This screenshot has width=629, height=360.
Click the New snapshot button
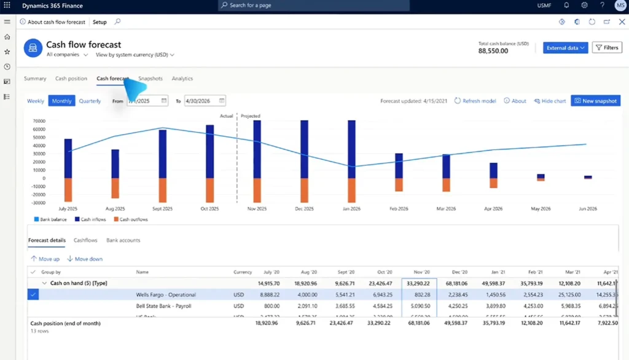tap(595, 101)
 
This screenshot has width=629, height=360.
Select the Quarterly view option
tap(90, 101)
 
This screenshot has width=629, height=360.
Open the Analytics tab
tap(182, 79)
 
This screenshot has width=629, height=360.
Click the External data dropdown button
tap(566, 48)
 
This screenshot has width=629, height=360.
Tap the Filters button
tap(606, 48)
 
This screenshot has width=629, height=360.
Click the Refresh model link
tap(475, 101)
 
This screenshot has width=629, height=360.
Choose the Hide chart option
tap(550, 101)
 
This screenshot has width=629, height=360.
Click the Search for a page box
tap(314, 6)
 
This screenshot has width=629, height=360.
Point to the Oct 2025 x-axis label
tap(209, 209)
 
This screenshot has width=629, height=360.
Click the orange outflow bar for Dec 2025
tap(304, 190)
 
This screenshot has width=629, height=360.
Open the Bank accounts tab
tap(123, 240)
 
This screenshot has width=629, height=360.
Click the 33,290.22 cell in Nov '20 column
tap(419, 283)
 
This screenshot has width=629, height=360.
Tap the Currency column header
tap(243, 272)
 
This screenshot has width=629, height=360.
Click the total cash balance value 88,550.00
tap(493, 52)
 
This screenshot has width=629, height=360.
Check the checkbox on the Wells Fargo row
tap(33, 295)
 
